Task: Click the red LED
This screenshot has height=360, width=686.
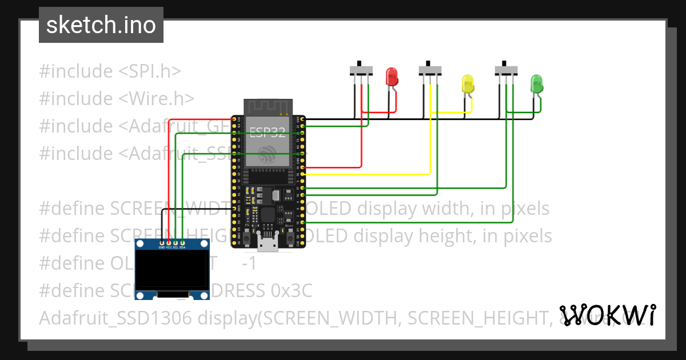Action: (x=392, y=77)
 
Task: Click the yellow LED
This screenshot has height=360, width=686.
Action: (x=468, y=84)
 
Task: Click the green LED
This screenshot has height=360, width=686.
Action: (x=536, y=83)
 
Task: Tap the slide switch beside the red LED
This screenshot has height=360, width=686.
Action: (x=361, y=70)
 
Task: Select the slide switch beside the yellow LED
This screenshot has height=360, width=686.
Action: (x=430, y=70)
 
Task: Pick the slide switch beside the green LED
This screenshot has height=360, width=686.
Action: (x=505, y=70)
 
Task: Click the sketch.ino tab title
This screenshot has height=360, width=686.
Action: (x=101, y=25)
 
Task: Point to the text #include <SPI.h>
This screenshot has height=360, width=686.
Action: (x=110, y=71)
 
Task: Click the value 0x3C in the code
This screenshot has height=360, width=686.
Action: (x=292, y=291)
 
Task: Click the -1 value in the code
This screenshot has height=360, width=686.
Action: (x=249, y=263)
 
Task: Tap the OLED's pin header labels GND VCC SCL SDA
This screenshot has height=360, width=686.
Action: (x=171, y=247)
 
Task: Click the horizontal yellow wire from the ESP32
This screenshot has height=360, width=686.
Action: (x=366, y=174)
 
